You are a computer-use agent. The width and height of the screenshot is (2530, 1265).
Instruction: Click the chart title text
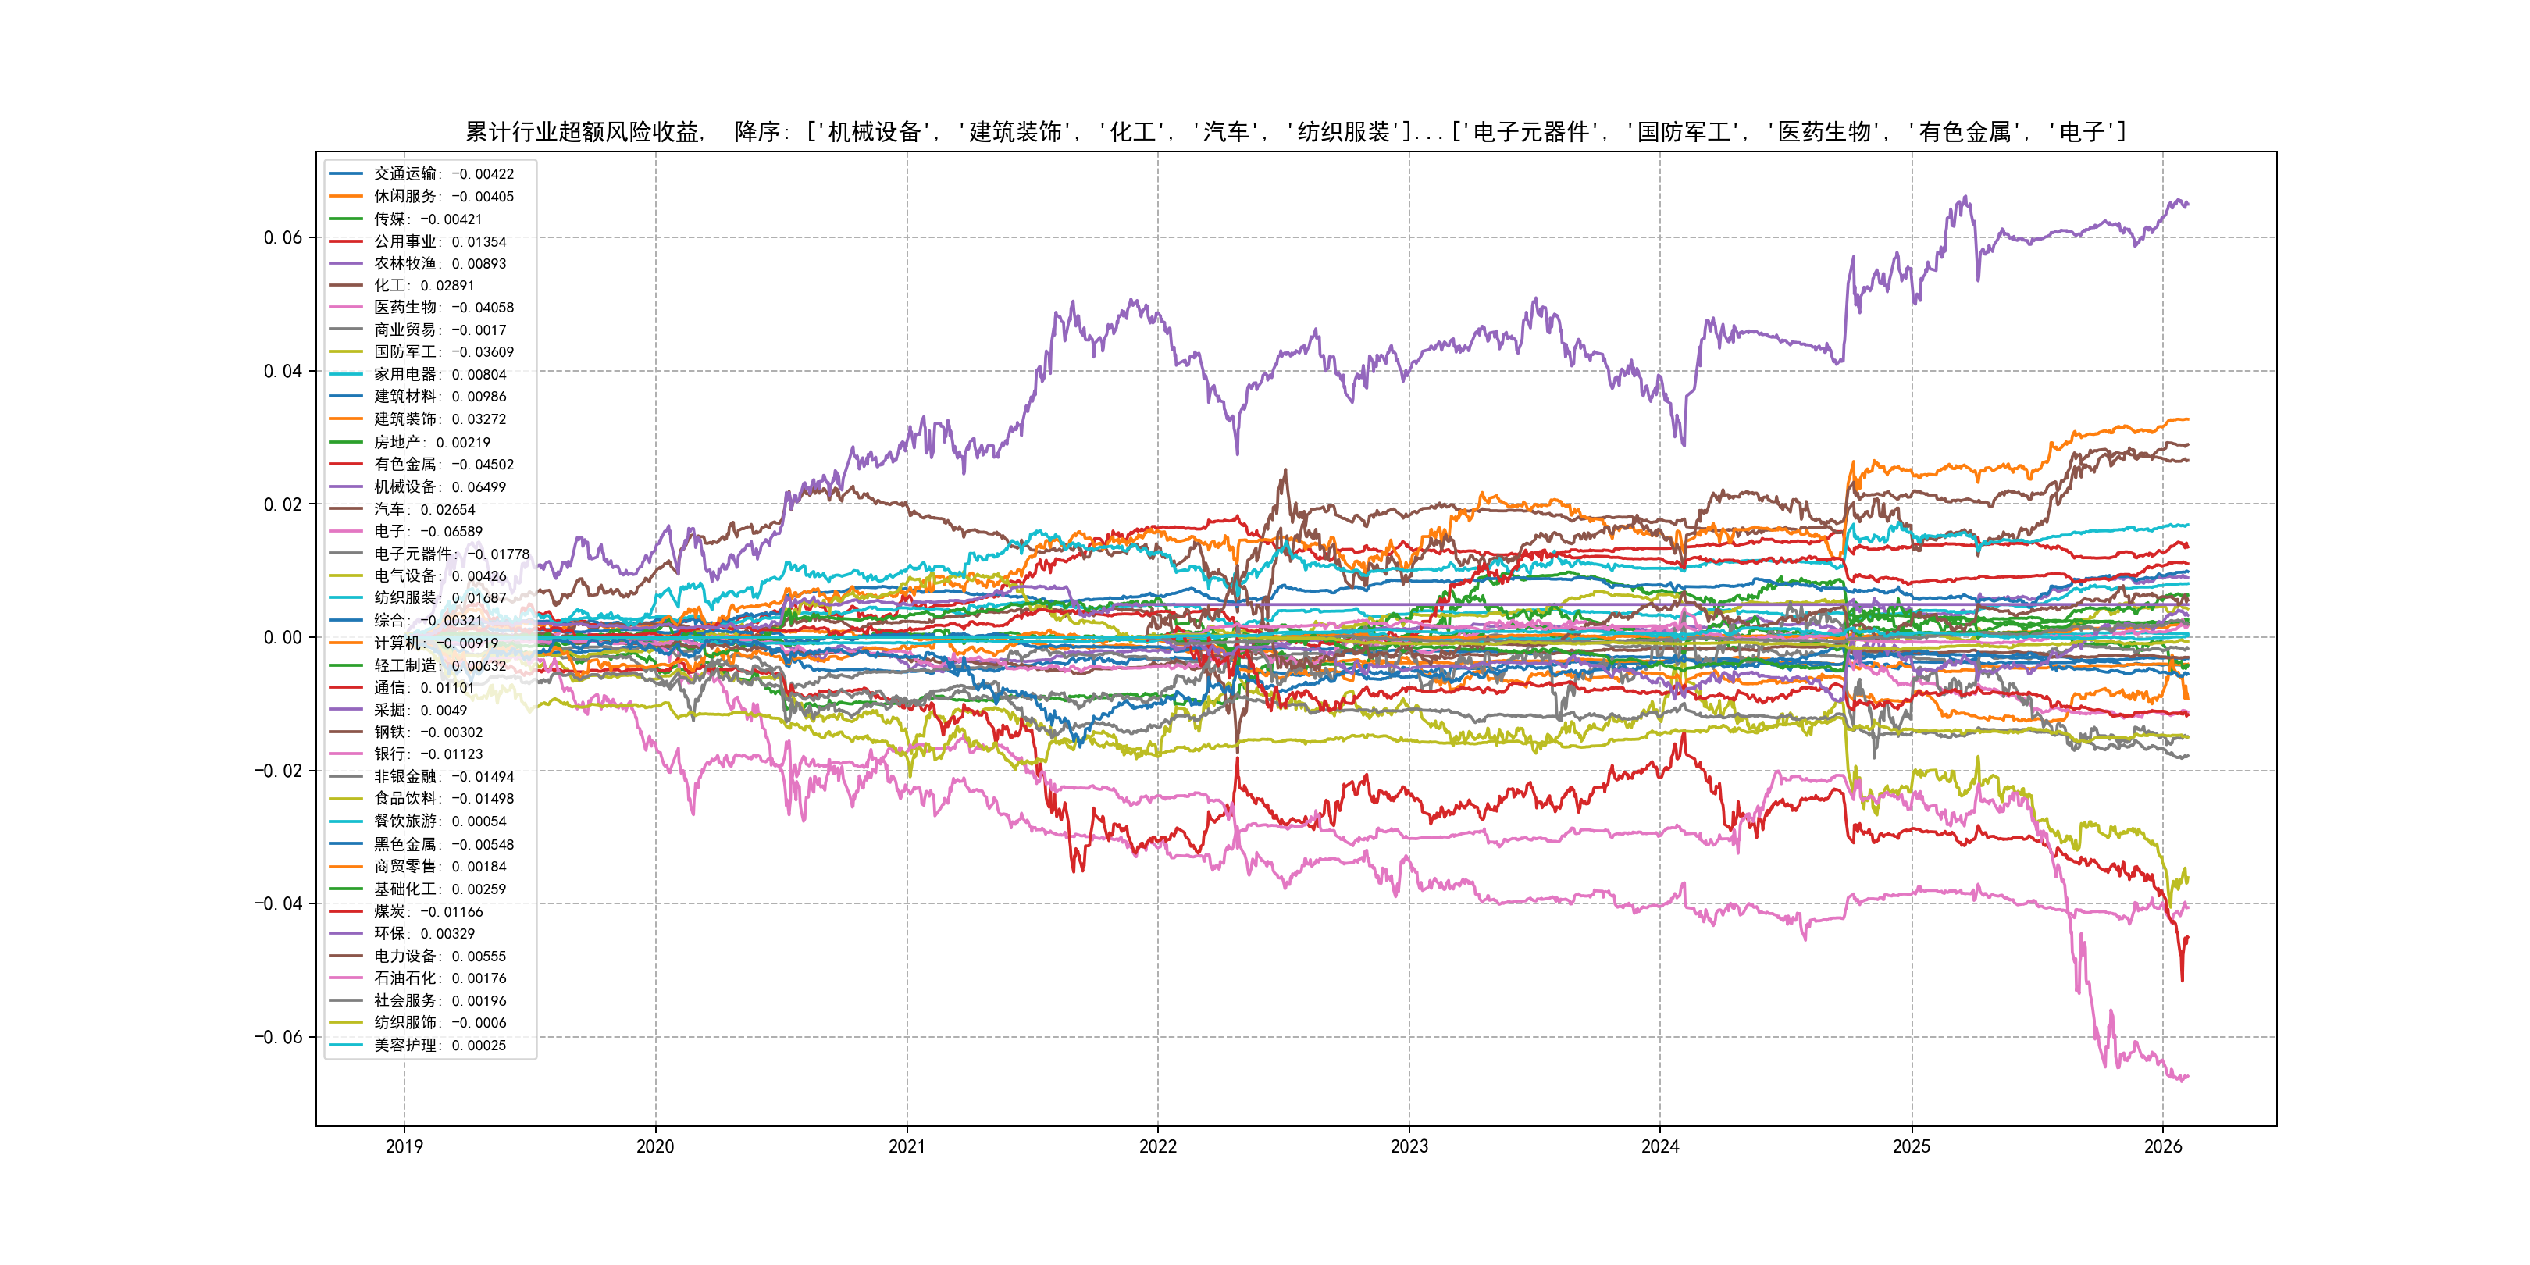(x=1295, y=132)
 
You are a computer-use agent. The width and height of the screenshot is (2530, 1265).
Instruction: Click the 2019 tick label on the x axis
(x=404, y=1146)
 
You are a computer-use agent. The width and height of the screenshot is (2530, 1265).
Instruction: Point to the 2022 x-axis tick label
(x=1157, y=1146)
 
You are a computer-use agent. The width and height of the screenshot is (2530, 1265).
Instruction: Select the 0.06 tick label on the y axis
(x=283, y=237)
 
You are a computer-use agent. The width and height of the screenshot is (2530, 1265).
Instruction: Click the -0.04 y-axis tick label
(x=278, y=903)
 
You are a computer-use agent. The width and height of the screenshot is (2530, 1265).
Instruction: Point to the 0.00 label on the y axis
(x=283, y=637)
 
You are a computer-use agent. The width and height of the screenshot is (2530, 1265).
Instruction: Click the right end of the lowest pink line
(x=2187, y=1077)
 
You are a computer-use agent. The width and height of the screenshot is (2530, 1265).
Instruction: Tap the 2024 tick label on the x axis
(x=1660, y=1146)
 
